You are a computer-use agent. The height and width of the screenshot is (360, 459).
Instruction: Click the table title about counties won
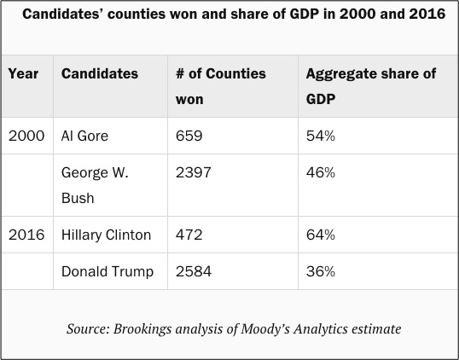234,14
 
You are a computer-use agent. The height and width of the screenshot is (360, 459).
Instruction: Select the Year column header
23,73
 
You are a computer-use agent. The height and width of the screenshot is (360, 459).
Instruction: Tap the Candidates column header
100,73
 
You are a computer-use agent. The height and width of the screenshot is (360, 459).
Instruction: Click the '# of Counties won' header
221,86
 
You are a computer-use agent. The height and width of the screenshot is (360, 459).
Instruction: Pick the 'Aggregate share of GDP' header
371,86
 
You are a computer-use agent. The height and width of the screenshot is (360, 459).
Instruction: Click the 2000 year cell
26,136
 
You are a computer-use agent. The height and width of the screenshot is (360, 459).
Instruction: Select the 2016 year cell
26,235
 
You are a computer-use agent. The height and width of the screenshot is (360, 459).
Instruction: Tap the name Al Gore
84,136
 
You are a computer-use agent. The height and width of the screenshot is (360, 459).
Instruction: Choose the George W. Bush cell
95,185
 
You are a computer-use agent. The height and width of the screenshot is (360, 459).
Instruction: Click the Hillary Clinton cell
106,235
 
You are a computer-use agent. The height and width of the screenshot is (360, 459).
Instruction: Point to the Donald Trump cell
107,271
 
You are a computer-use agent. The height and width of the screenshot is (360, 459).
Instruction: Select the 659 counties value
189,136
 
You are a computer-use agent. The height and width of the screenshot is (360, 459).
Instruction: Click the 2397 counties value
193,172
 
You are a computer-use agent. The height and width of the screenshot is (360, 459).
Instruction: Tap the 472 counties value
189,235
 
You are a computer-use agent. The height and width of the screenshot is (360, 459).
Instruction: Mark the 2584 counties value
194,271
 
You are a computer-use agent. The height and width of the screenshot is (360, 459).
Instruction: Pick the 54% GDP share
321,136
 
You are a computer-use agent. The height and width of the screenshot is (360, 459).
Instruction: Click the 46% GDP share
321,172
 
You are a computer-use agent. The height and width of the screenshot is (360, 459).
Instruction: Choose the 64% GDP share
321,235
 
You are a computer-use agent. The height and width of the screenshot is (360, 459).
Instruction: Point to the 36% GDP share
321,271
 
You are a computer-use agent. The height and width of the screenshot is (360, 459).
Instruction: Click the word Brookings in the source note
142,329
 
